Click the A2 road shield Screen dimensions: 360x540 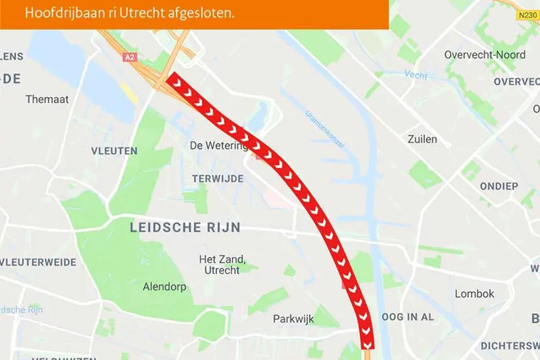[130, 57]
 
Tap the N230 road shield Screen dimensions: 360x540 [528, 14]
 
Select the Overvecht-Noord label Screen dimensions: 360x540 [485, 55]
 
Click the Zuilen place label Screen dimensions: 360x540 [422, 139]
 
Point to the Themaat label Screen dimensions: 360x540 [47, 99]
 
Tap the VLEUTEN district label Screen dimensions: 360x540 [115, 151]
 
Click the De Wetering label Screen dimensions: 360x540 [218, 145]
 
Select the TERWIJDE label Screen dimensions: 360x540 [218, 179]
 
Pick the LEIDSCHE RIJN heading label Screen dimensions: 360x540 [185, 228]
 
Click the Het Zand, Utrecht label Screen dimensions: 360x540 [222, 264]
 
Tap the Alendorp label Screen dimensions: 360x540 [164, 286]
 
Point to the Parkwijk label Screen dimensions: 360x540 [293, 319]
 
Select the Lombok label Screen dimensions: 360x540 [474, 293]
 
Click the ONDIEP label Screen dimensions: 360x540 [499, 187]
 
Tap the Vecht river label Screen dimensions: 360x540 [415, 75]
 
